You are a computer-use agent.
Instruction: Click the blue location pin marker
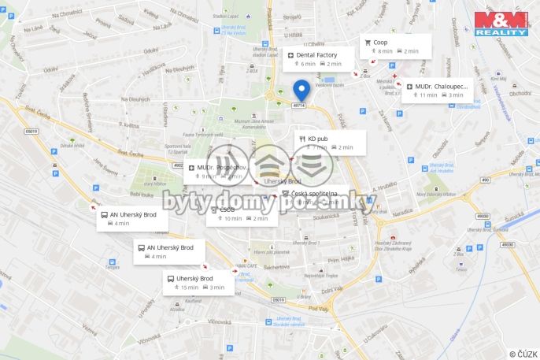301,89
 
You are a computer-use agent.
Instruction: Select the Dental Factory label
316,55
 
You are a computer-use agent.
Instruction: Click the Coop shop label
380,42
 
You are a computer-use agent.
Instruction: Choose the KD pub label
318,138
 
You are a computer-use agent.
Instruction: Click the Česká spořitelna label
314,193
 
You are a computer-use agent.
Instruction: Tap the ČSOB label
227,210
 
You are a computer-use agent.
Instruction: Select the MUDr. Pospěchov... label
224,168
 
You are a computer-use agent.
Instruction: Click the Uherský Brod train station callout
194,278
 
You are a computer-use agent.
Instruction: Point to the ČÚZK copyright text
523,354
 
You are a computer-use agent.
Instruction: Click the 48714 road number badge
298,105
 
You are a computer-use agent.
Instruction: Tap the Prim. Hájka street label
344,259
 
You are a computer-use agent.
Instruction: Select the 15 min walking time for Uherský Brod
190,288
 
